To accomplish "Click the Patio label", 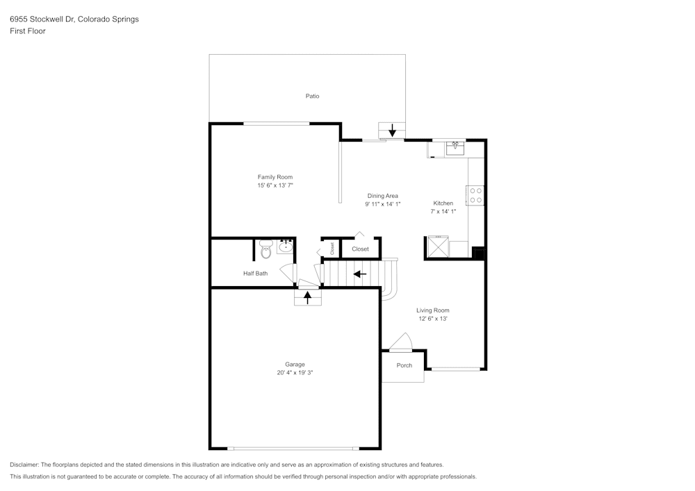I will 313,96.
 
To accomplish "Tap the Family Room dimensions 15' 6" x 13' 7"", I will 275,185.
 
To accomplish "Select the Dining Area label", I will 382,196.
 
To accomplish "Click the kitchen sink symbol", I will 455,147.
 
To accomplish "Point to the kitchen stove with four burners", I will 476,195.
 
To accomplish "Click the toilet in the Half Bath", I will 265,249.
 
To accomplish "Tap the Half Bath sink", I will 286,246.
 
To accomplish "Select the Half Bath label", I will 255,274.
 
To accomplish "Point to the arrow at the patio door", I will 392,130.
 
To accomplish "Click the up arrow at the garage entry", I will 307,297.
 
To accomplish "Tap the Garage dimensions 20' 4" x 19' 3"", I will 295,373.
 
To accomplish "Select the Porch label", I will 404,365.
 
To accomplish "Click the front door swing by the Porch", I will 402,341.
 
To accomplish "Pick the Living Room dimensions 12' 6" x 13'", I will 432,319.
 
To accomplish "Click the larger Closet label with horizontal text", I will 360,249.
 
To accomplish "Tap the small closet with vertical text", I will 332,249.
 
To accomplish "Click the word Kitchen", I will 443,203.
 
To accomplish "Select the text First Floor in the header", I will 28,31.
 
